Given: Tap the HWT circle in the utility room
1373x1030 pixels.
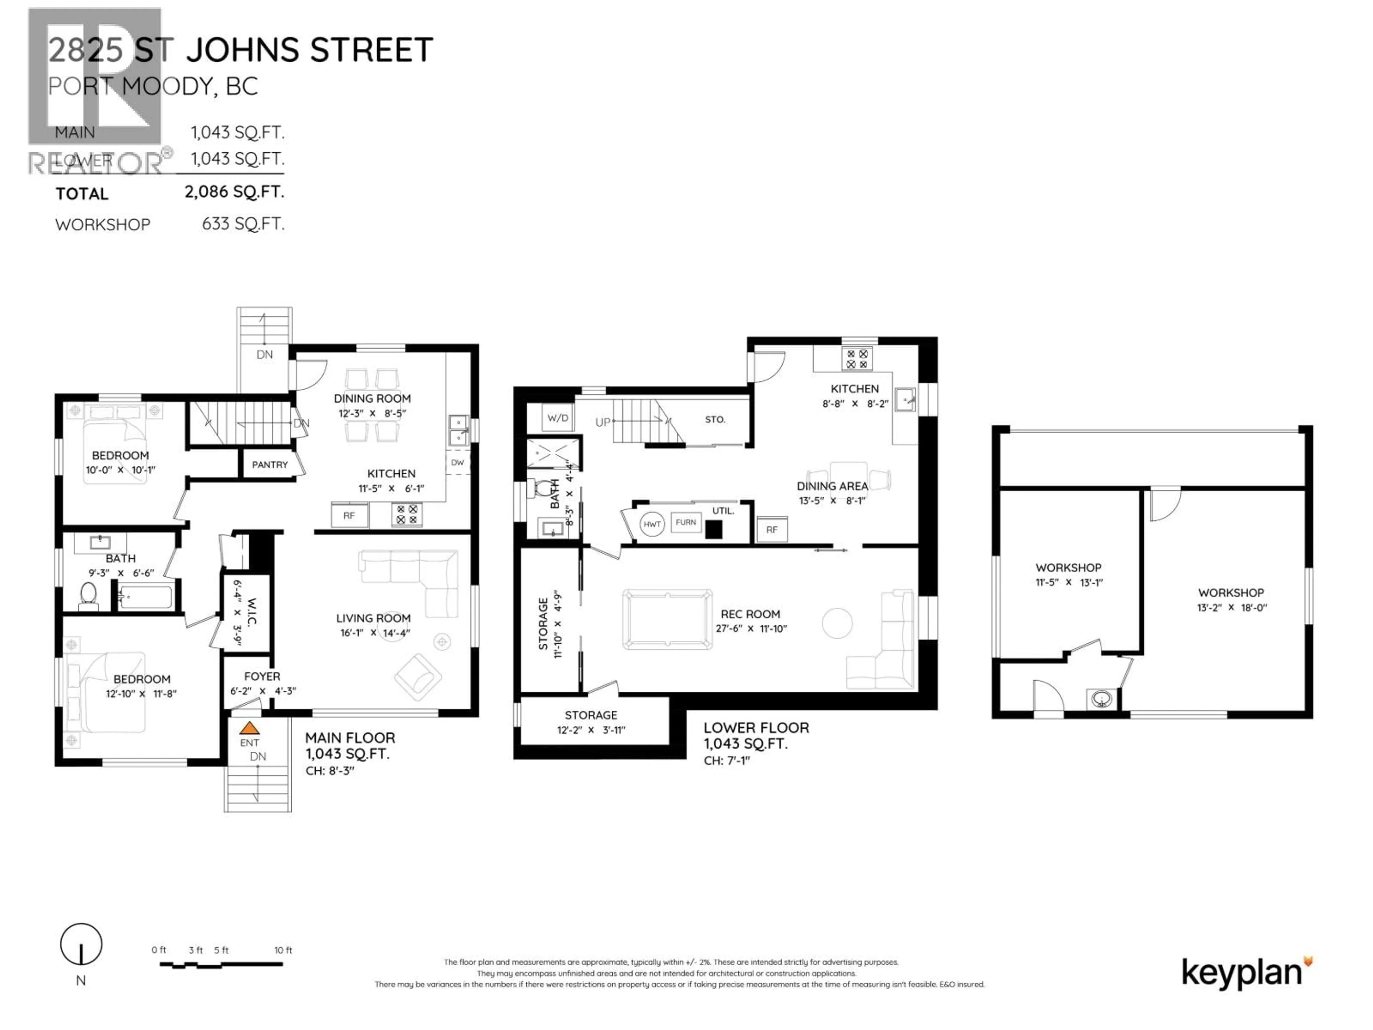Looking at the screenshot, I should [652, 524].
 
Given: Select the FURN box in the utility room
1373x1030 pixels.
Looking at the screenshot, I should [685, 522].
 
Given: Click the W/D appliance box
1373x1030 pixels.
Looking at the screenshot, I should [557, 418].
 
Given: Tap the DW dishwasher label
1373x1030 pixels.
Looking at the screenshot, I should [457, 462].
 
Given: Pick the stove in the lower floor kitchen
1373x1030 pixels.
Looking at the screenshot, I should [857, 359].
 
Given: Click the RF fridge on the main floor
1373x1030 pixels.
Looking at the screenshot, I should [349, 515].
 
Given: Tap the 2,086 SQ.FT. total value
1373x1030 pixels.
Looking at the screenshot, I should [234, 191].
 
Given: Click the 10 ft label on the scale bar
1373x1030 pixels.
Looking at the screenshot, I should [283, 950].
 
